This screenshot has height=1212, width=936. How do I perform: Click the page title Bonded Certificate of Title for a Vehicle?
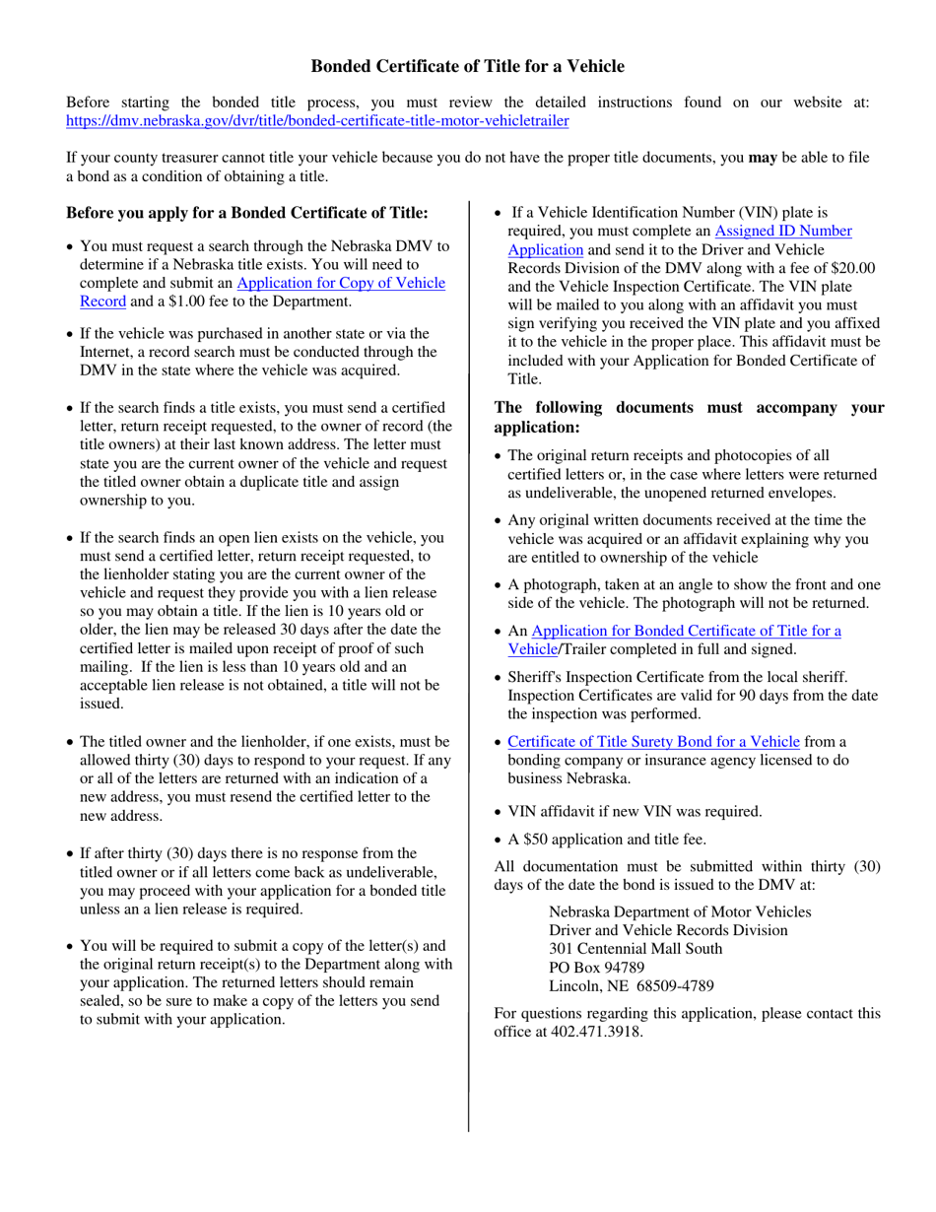pos(467,67)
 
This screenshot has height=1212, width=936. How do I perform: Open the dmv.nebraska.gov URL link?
pos(316,121)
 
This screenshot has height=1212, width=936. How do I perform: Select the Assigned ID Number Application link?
pos(782,231)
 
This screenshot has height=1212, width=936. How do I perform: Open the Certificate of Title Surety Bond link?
pos(653,741)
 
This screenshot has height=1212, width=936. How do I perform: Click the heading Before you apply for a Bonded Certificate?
pos(247,213)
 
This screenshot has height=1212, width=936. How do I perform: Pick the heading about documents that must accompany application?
pos(689,418)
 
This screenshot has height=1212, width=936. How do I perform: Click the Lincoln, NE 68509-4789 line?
pos(631,985)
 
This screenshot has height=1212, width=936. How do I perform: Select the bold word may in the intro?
pos(763,158)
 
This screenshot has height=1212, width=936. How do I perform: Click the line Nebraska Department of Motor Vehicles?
pos(680,911)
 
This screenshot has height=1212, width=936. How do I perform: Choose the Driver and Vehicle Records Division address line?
pos(668,930)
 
